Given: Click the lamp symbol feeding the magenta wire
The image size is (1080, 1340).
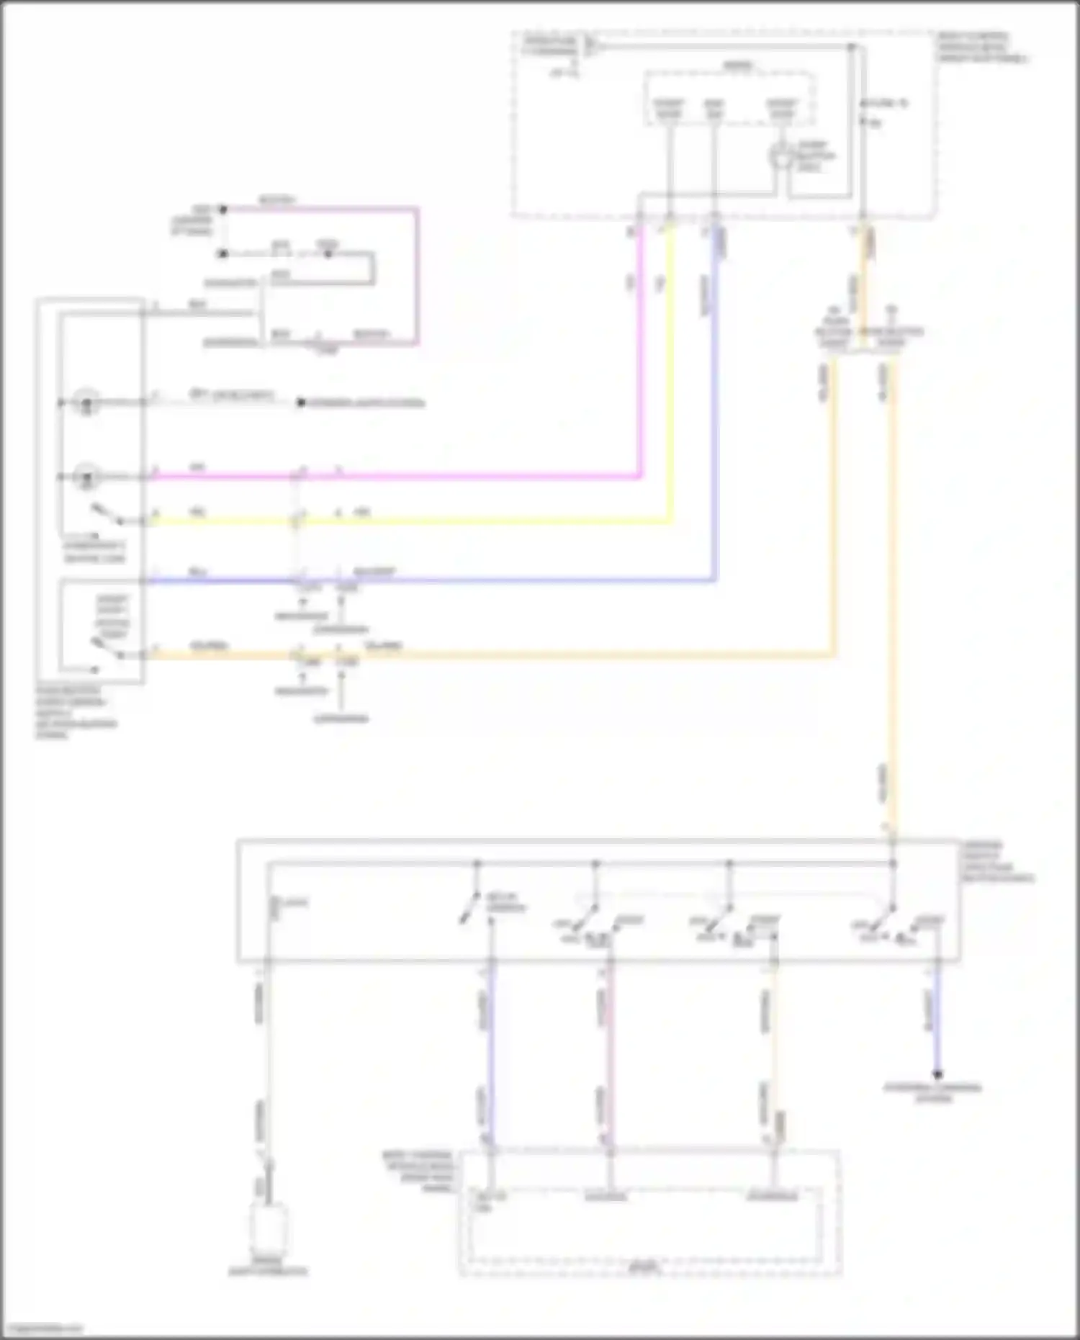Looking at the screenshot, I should tap(87, 477).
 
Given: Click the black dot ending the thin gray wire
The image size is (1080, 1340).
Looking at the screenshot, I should tap(302, 403).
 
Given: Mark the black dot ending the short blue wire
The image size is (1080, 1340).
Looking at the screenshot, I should tap(937, 1075).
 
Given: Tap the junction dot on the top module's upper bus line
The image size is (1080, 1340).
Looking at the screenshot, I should tap(852, 48).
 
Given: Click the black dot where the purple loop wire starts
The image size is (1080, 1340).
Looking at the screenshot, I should tap(223, 210).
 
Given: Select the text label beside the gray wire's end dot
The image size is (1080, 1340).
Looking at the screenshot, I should tap(367, 403).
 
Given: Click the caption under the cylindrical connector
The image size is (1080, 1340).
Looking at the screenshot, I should tap(268, 1272).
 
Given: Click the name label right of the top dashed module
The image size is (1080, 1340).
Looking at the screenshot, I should tap(982, 48).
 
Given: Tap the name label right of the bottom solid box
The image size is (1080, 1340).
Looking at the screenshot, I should tap(997, 862).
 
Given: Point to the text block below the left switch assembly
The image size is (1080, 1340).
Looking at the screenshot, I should tap(76, 713).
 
